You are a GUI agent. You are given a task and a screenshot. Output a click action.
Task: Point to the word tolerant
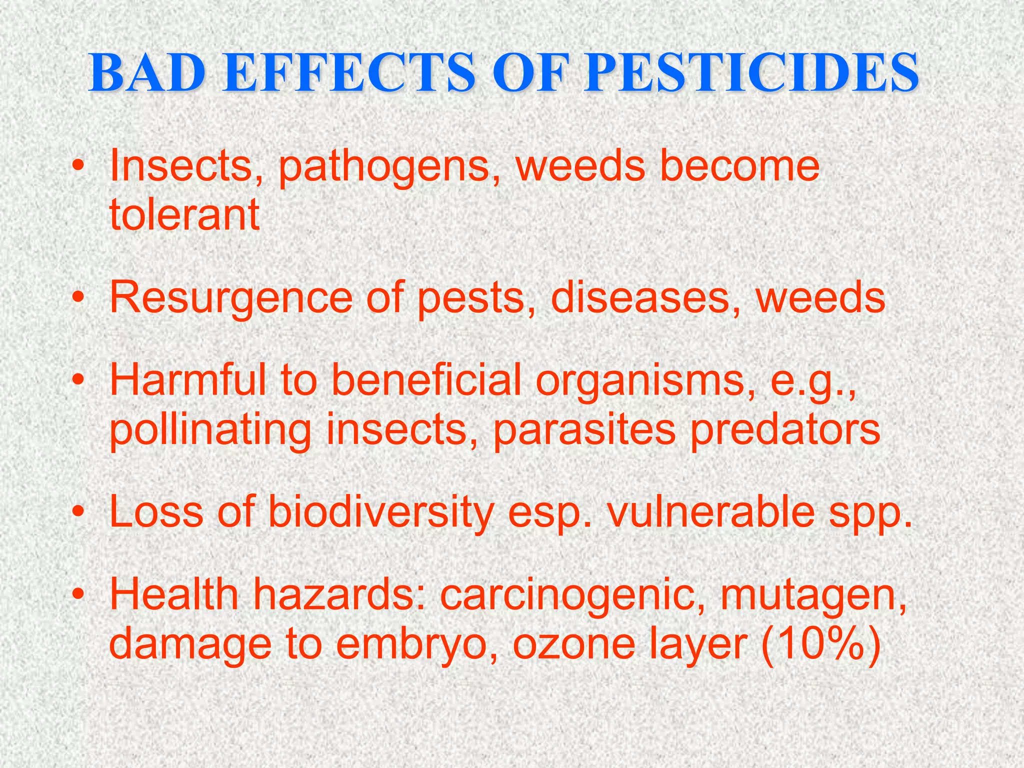point(184,214)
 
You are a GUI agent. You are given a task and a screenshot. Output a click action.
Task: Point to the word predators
point(785,430)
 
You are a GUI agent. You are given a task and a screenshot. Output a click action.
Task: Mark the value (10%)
point(820,645)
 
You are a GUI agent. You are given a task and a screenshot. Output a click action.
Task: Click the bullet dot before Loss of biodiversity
point(77,513)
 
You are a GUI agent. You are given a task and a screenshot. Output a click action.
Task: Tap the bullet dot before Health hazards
point(77,595)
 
